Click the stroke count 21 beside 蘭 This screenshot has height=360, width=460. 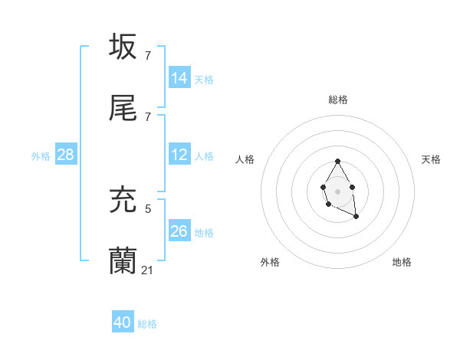tap(148, 270)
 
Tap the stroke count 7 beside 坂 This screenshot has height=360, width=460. tap(148, 55)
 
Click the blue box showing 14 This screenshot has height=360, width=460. tap(179, 78)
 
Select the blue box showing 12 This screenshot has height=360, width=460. tap(179, 155)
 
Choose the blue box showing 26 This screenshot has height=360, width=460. tap(179, 231)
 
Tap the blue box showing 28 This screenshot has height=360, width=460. tap(66, 155)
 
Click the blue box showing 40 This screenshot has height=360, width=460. tap(123, 323)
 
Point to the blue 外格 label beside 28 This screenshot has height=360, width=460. tap(41, 156)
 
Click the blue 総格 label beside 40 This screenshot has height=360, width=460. tap(147, 325)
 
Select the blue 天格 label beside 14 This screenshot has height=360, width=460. tap(204, 80)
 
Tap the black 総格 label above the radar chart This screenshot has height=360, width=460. tap(338, 100)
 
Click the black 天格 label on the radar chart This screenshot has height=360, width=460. tap(431, 159)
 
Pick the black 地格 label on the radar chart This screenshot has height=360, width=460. tap(402, 262)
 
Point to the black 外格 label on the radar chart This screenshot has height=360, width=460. tap(270, 262)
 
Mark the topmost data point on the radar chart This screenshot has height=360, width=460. tap(337, 162)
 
